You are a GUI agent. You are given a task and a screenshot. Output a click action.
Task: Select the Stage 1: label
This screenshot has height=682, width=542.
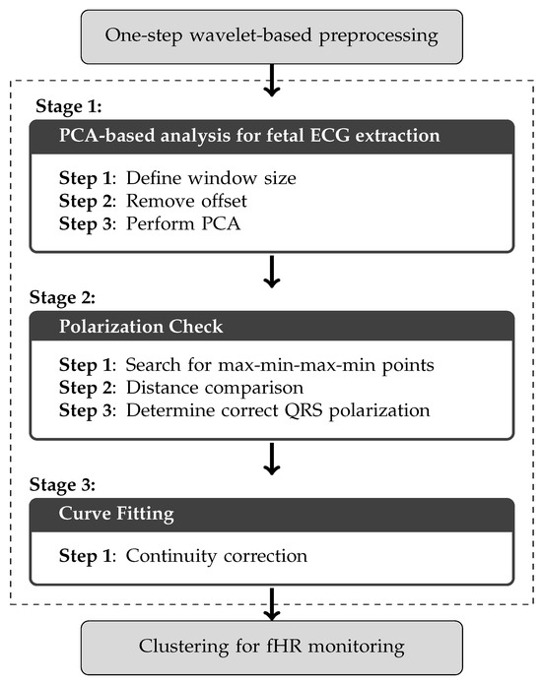click(x=70, y=105)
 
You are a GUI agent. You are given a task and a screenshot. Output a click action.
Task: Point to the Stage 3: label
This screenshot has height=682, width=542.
click(x=70, y=485)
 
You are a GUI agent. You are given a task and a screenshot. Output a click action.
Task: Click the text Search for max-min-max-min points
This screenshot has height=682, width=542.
click(x=278, y=367)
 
